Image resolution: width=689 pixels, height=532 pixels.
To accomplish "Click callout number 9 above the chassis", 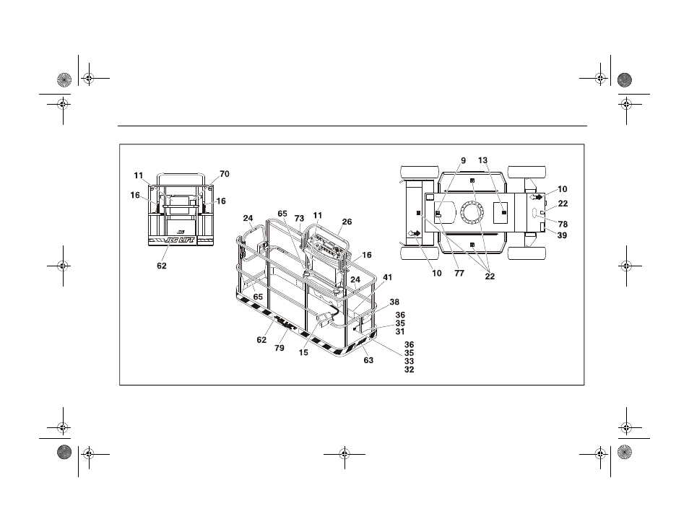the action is pos(463,161).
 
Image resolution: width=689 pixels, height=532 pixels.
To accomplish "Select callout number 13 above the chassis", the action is pos(483,160).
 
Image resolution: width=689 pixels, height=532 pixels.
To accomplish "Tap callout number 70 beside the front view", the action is pos(224,174).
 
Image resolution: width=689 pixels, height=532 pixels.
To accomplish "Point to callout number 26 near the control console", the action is pos(347,222).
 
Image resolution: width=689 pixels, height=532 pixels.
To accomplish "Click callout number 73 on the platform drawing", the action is pos(299,218).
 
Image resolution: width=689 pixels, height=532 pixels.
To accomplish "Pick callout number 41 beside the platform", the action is pos(387,277).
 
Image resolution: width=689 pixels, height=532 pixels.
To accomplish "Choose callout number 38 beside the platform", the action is pos(394,302).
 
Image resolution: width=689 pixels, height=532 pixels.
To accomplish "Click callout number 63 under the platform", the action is pos(368,360).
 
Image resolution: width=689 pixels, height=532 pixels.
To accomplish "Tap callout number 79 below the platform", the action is pos(279,348).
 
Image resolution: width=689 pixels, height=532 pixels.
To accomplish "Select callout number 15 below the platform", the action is pos(303,352).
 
